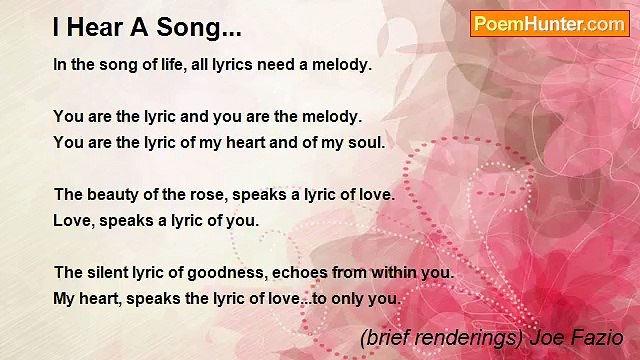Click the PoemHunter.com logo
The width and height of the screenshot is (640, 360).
[549, 24]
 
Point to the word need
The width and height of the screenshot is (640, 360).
[279, 64]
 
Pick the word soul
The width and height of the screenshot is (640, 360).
[366, 142]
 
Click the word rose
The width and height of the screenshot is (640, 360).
[201, 194]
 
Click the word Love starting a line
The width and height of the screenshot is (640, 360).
[73, 220]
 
